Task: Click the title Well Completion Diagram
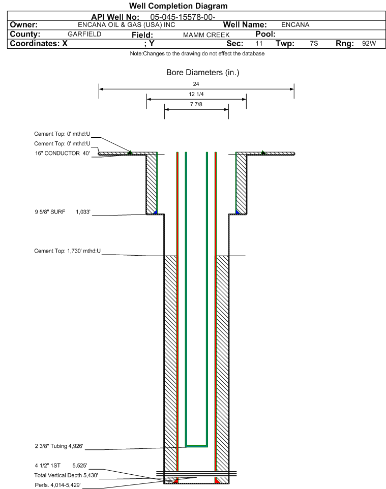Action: [x=178, y=6]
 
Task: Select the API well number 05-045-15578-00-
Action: [x=183, y=17]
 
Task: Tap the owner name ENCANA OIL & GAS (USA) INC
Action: [x=127, y=25]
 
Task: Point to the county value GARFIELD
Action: [x=84, y=34]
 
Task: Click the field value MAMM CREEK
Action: [x=206, y=35]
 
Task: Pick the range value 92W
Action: [x=369, y=43]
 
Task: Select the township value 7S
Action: [x=314, y=43]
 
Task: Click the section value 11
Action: [x=259, y=43]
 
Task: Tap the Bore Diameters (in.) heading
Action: [x=203, y=72]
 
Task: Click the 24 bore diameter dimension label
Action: [x=196, y=84]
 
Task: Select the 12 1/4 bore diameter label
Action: [x=196, y=94]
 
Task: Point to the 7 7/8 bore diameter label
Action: [x=196, y=104]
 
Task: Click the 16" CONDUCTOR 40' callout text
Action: [x=63, y=153]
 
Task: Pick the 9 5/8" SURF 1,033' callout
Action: [x=63, y=212]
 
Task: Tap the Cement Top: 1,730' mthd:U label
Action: [x=68, y=251]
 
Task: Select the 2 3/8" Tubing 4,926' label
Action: [x=59, y=446]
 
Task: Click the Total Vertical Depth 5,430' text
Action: [x=66, y=475]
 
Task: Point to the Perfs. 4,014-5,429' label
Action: [x=58, y=485]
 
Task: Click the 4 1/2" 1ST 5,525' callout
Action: [x=61, y=466]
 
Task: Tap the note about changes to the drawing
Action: [x=197, y=54]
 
